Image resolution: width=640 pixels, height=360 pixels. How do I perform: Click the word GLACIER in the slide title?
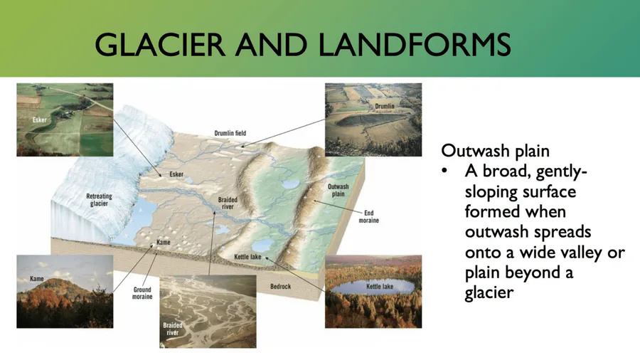160,45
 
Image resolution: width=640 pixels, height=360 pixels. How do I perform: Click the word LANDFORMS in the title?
415,45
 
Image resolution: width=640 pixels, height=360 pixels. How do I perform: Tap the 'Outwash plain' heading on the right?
495,151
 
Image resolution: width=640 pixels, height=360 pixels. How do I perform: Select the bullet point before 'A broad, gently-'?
444,170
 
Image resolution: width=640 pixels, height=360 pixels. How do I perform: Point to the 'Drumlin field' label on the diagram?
230,133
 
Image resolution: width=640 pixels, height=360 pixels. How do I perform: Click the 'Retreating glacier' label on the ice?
99,200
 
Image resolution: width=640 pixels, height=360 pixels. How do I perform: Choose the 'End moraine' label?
368,216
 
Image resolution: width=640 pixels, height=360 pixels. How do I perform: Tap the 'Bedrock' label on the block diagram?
280,287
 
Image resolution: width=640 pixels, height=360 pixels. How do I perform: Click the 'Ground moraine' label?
142,293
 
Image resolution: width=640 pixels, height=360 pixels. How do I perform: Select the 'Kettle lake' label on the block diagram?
247,257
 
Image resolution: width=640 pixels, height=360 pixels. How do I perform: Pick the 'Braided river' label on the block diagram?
228,203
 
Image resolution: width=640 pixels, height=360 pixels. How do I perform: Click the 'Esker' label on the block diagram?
176,174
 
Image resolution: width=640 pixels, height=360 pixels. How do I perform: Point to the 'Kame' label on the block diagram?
164,242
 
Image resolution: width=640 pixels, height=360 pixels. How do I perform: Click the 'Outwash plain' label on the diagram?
338,190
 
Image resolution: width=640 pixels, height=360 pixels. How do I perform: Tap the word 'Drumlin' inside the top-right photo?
385,106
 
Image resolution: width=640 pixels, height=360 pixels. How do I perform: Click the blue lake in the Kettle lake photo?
372,287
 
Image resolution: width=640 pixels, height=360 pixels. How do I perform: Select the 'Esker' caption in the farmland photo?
40,120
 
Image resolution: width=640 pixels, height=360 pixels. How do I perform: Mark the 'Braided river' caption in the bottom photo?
172,329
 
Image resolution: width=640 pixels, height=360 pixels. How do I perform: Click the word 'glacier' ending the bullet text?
489,293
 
